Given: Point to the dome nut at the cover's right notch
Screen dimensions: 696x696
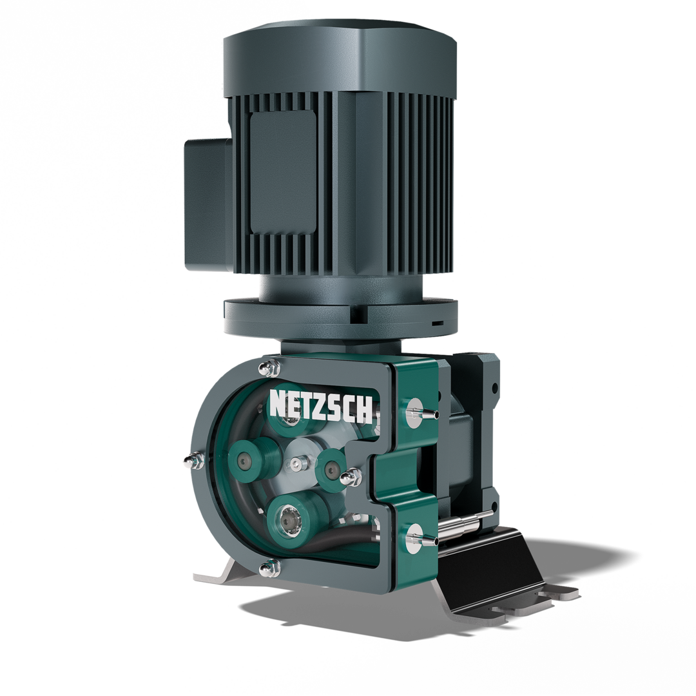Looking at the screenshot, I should pyautogui.click(x=351, y=478).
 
